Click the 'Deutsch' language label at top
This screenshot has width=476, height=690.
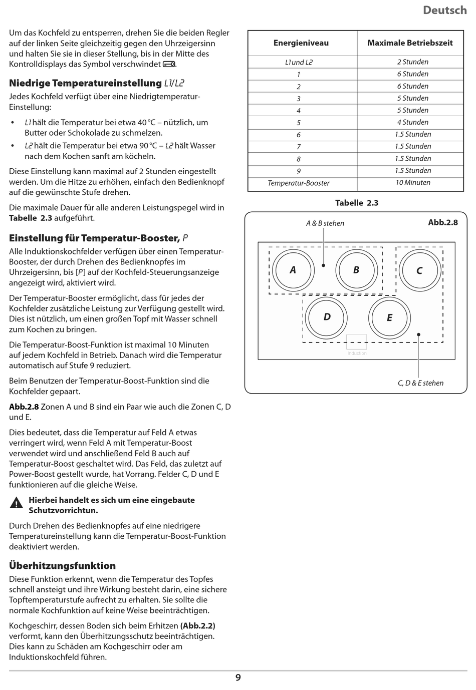click(444, 10)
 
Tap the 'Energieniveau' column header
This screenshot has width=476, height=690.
click(301, 43)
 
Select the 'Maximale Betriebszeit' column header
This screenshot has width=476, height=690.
click(410, 43)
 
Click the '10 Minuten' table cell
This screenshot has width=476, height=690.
click(413, 183)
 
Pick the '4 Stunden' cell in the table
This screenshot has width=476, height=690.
click(413, 122)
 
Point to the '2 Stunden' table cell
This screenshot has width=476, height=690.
click(413, 62)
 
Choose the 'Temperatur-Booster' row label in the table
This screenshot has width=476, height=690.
click(299, 183)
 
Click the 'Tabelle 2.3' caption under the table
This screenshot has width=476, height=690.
click(357, 203)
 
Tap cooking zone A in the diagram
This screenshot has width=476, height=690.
click(293, 270)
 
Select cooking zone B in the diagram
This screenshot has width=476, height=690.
click(356, 270)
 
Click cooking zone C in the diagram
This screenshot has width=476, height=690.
click(419, 270)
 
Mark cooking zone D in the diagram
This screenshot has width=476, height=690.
click(327, 317)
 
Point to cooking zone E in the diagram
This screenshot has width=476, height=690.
click(389, 317)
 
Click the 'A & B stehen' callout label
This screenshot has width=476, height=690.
click(325, 223)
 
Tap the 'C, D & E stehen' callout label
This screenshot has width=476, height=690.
click(420, 383)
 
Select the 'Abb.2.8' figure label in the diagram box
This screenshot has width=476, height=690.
click(443, 222)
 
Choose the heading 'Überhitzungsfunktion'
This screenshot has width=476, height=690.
click(63, 566)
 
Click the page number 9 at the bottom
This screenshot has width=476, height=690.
click(238, 677)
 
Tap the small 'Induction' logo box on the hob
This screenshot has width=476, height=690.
click(357, 342)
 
